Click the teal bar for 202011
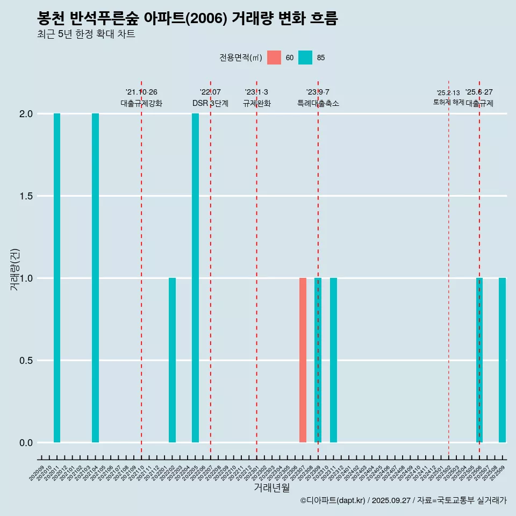pos(57,278)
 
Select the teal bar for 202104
pos(95,278)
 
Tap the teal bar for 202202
pos(172,360)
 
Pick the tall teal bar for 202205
pos(195,278)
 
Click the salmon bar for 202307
pos(303,360)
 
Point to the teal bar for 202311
pos(333,360)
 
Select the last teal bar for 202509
pos(502,360)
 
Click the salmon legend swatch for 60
pos(274,58)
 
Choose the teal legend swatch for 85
pos(305,58)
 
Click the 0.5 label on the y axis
pos(26,361)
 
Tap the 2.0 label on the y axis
pos(26,114)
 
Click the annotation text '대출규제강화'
pos(141,103)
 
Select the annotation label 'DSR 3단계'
pos(210,103)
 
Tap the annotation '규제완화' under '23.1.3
pos(256,103)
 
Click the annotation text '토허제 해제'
pos(448,102)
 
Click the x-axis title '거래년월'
pos(271,488)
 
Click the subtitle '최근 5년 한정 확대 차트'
pos(86,34)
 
